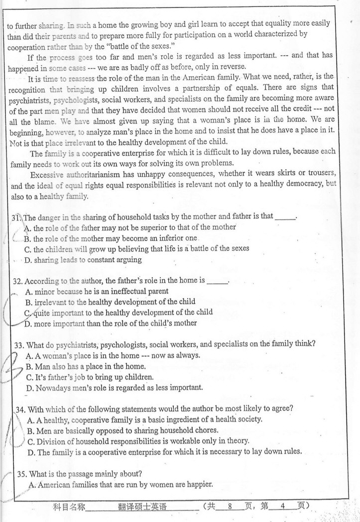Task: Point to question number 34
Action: coord(20,409)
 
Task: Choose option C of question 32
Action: coord(28,313)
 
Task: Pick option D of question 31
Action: coord(28,259)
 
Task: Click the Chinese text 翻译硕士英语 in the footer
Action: coord(142,507)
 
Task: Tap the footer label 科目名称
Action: coord(70,507)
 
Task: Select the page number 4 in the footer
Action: coord(282,507)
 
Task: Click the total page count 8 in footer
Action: coord(230,507)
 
